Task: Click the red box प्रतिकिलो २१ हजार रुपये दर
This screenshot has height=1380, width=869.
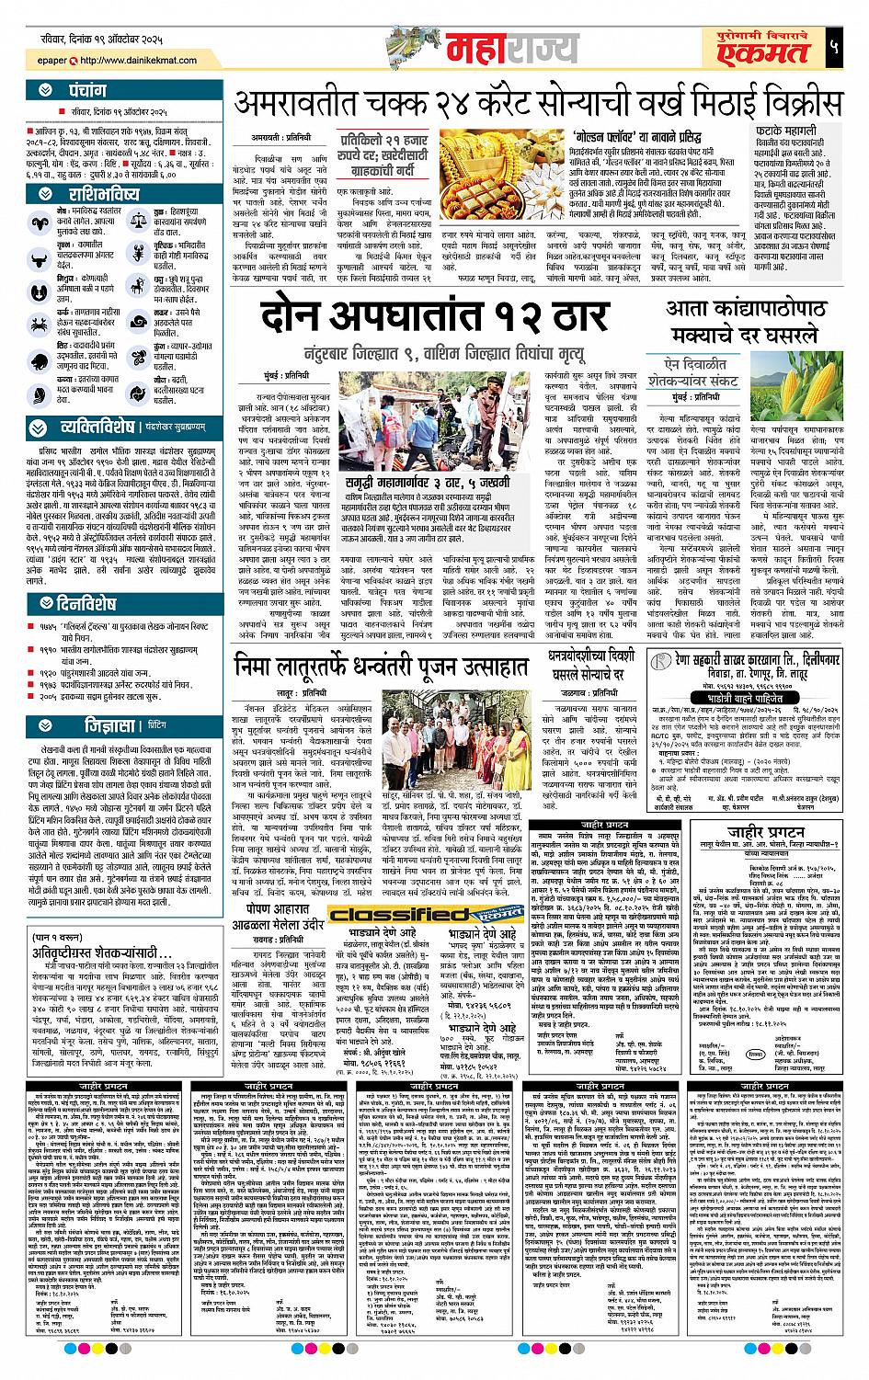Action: point(389,151)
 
